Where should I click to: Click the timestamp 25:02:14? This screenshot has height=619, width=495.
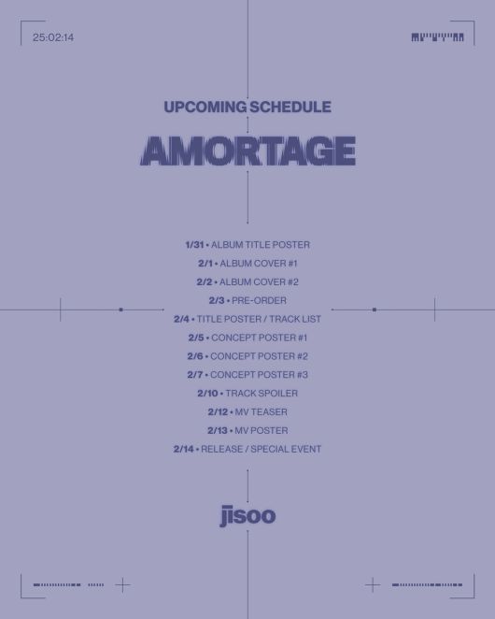[x=52, y=37]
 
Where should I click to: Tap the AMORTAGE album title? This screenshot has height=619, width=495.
[x=247, y=151]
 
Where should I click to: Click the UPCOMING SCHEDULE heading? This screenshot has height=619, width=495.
[x=247, y=107]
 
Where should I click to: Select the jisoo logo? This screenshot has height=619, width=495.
[x=247, y=515]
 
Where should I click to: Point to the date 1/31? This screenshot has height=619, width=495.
[x=194, y=245]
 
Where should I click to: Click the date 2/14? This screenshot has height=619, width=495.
[x=183, y=450]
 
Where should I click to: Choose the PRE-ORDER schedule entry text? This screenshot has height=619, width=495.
[x=260, y=301]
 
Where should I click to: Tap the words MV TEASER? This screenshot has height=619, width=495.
[x=261, y=412]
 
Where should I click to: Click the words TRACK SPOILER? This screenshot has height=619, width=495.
[x=262, y=394]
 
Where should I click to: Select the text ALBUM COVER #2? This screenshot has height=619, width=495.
[x=259, y=282]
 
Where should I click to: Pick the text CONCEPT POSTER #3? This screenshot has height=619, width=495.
[x=259, y=375]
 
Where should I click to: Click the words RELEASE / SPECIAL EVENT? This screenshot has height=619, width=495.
[x=261, y=450]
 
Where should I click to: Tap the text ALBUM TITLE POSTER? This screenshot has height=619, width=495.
[x=261, y=245]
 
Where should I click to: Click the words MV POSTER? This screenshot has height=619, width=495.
[x=261, y=431]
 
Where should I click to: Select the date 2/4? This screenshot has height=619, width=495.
[x=181, y=320]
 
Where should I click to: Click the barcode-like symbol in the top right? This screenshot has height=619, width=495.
[x=437, y=37]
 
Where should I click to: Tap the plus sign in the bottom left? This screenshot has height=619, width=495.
[x=122, y=585]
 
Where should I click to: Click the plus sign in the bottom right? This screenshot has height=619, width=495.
[x=373, y=585]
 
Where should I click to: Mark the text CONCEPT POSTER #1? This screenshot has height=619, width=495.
[x=259, y=338]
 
